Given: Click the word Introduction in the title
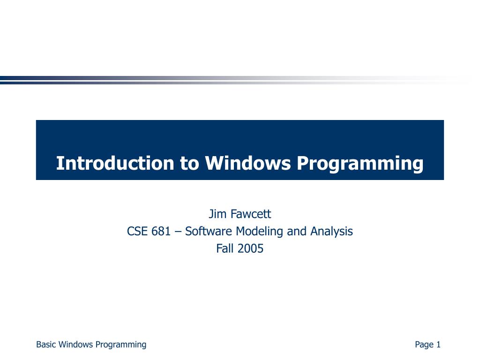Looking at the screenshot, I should pos(115,164).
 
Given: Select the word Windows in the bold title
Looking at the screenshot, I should pos(247,164).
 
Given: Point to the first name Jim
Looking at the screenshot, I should pos(217,214).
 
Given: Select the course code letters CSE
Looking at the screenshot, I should pos(137,231).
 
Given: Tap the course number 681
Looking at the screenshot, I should pos(161,231).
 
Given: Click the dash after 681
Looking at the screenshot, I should pos(178,232).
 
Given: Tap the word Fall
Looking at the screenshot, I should pos(225,248).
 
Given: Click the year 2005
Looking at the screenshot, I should pos(250,248).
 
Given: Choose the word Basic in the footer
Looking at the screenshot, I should pos(46,345).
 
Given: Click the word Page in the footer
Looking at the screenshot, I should pos(424,345).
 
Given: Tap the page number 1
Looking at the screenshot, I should pos(439,345).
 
